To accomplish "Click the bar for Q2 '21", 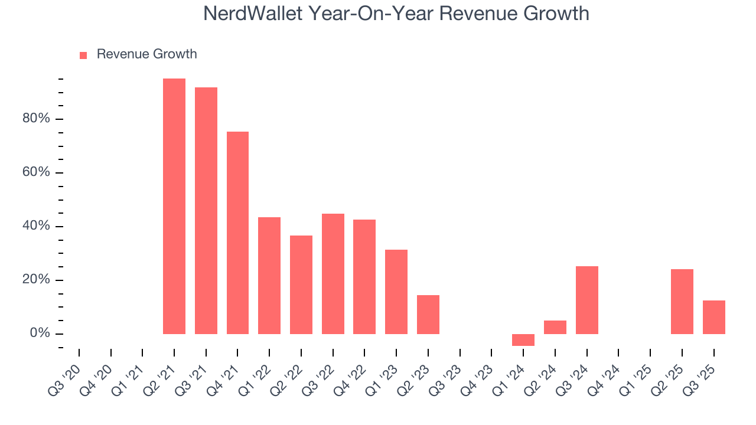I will (174, 206).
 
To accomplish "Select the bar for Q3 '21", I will (206, 211).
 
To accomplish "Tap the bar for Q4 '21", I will (237, 233).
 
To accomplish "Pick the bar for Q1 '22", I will (269, 276).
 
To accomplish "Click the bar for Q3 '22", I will (333, 274).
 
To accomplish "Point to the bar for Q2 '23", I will (428, 315).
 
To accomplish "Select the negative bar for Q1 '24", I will (523, 340).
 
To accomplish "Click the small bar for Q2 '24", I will (555, 327).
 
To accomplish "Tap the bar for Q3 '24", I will (587, 300).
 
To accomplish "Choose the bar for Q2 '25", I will (682, 302).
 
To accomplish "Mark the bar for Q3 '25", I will (714, 317).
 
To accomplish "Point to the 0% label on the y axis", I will (40, 334).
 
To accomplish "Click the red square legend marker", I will (83, 55).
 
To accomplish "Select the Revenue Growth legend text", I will (146, 54).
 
